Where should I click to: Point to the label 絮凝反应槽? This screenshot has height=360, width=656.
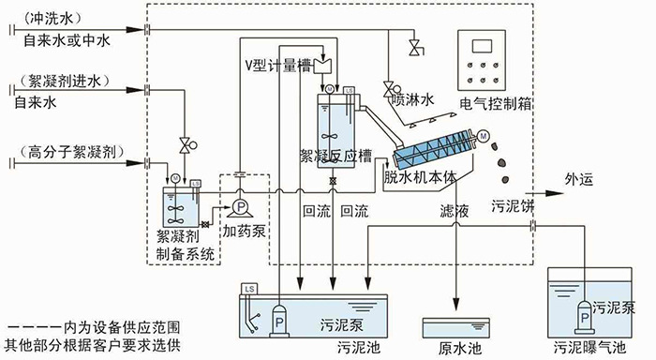point(335,155)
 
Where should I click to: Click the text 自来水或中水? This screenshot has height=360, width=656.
point(66,42)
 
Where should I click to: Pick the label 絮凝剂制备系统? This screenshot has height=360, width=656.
point(185,246)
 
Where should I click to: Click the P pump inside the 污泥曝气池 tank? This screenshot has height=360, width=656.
point(586,319)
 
